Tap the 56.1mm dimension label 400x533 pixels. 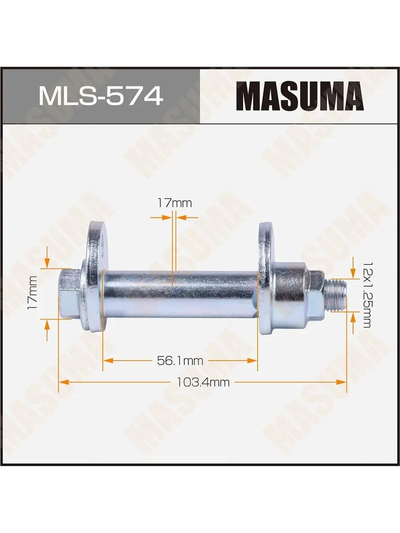point(180,361)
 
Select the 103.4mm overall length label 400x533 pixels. point(203,383)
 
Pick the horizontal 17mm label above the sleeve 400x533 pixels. point(174,203)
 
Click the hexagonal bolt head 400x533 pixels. point(69,293)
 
